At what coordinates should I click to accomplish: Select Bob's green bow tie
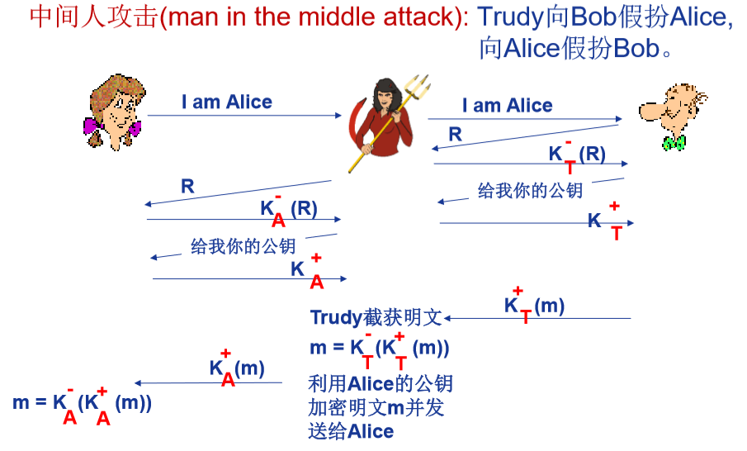[x=674, y=143]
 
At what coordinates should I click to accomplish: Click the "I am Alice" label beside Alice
[x=226, y=102]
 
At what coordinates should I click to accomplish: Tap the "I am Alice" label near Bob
[x=507, y=106]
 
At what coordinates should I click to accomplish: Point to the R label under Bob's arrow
[x=455, y=134]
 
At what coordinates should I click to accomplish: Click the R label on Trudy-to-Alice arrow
[x=187, y=187]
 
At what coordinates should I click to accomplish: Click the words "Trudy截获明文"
[x=376, y=318]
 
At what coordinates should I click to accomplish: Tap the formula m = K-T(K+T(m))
[x=379, y=349]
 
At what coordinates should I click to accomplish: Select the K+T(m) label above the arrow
[x=534, y=306]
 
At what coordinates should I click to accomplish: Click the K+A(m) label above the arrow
[x=236, y=368]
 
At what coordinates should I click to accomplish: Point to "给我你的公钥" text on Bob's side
[x=530, y=191]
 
